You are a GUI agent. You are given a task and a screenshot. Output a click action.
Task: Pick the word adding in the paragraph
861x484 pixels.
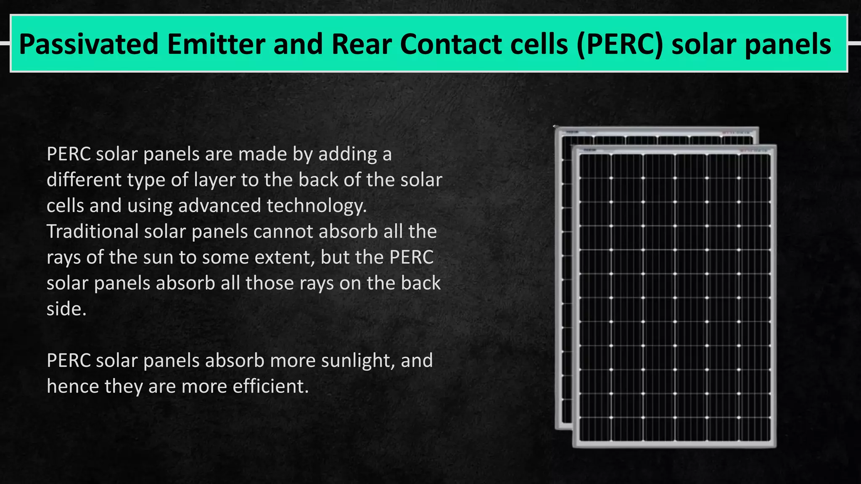pyautogui.click(x=347, y=154)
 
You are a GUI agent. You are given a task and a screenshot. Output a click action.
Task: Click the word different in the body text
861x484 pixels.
pyautogui.click(x=84, y=180)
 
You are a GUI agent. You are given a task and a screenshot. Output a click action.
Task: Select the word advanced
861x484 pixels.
pyautogui.click(x=219, y=206)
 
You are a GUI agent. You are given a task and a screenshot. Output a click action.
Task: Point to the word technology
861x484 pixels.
pyautogui.click(x=317, y=206)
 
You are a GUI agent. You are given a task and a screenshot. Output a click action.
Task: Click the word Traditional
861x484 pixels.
pyautogui.click(x=92, y=231)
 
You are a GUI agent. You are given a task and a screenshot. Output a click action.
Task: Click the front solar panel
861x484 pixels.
pyautogui.click(x=674, y=296)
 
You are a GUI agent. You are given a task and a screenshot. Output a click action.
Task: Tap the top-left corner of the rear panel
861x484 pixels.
pyautogui.click(x=556, y=128)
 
